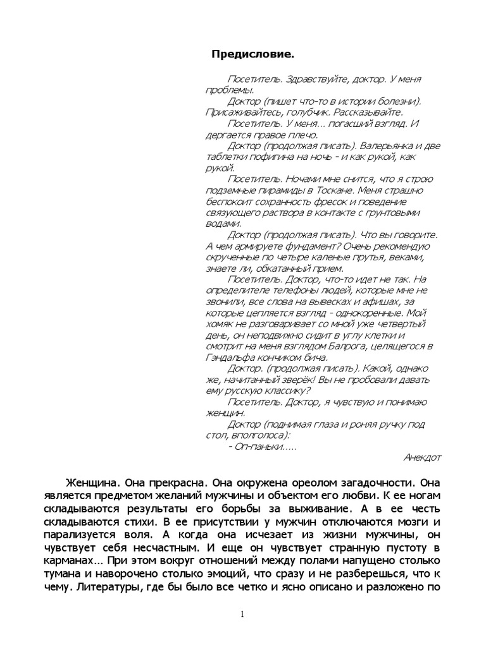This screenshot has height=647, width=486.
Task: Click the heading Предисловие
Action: (252, 55)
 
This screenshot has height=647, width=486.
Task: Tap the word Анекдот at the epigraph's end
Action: (422, 457)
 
